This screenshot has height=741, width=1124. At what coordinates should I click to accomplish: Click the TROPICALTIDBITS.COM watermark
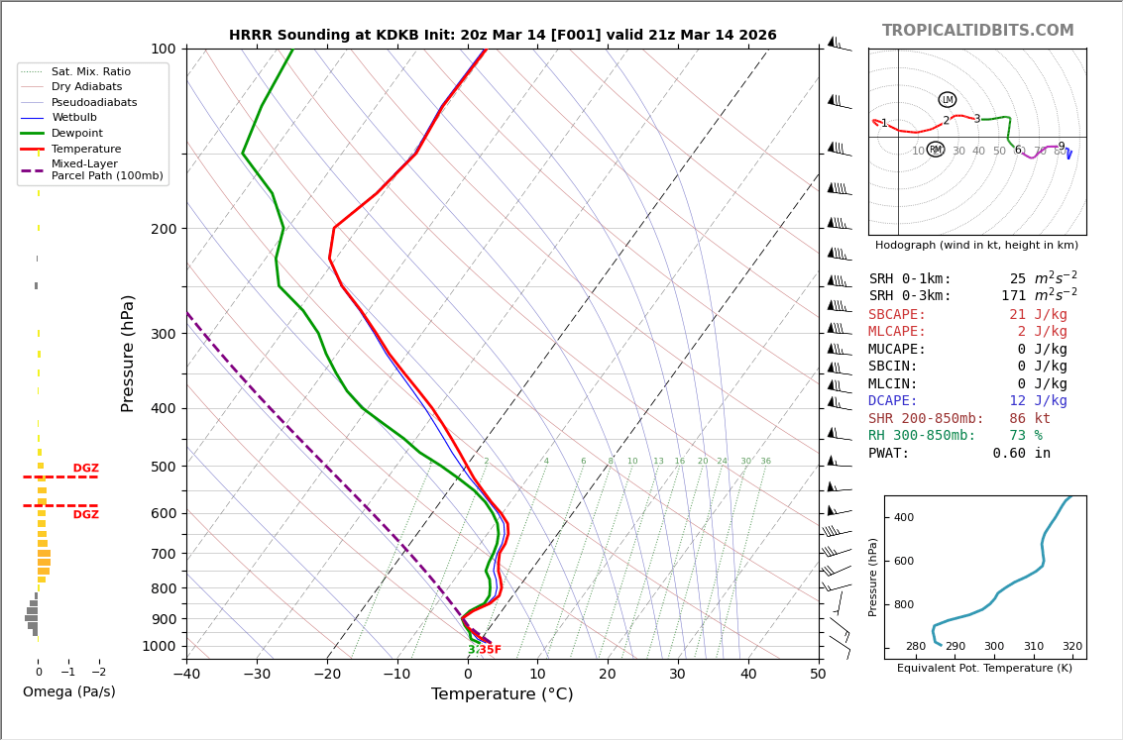pos(977,31)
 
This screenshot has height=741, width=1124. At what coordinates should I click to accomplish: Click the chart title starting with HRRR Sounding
pos(503,35)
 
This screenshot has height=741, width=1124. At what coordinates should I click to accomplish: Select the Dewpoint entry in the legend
pos(77,133)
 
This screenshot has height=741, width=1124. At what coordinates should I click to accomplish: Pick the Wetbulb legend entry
pos(75,117)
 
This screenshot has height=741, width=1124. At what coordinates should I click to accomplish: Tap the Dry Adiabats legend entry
pos(86,86)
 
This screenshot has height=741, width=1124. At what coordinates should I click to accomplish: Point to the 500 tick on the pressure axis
pos(163,467)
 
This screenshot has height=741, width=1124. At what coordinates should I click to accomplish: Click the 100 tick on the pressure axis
pos(163,49)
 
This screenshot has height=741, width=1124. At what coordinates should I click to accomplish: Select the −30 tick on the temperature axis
pos(256,675)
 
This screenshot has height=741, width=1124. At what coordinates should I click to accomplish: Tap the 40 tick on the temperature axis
pos(747,675)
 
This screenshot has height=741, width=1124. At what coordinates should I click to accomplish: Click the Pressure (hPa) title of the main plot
pos(128,353)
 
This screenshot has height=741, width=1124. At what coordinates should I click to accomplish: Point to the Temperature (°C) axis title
pos(502,694)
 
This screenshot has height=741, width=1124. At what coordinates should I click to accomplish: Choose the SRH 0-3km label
pos(910,296)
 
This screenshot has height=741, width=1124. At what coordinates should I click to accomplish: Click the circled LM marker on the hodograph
pos(948,99)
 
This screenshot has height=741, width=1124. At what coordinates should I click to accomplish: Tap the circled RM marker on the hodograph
pos(936,150)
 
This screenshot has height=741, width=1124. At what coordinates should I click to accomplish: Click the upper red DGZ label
pos(85,469)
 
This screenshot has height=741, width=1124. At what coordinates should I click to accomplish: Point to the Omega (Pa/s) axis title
pos(68,691)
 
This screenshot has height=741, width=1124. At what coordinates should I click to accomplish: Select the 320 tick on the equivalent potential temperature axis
pos(1072,646)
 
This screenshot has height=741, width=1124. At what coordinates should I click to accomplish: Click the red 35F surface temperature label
pos(490,650)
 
